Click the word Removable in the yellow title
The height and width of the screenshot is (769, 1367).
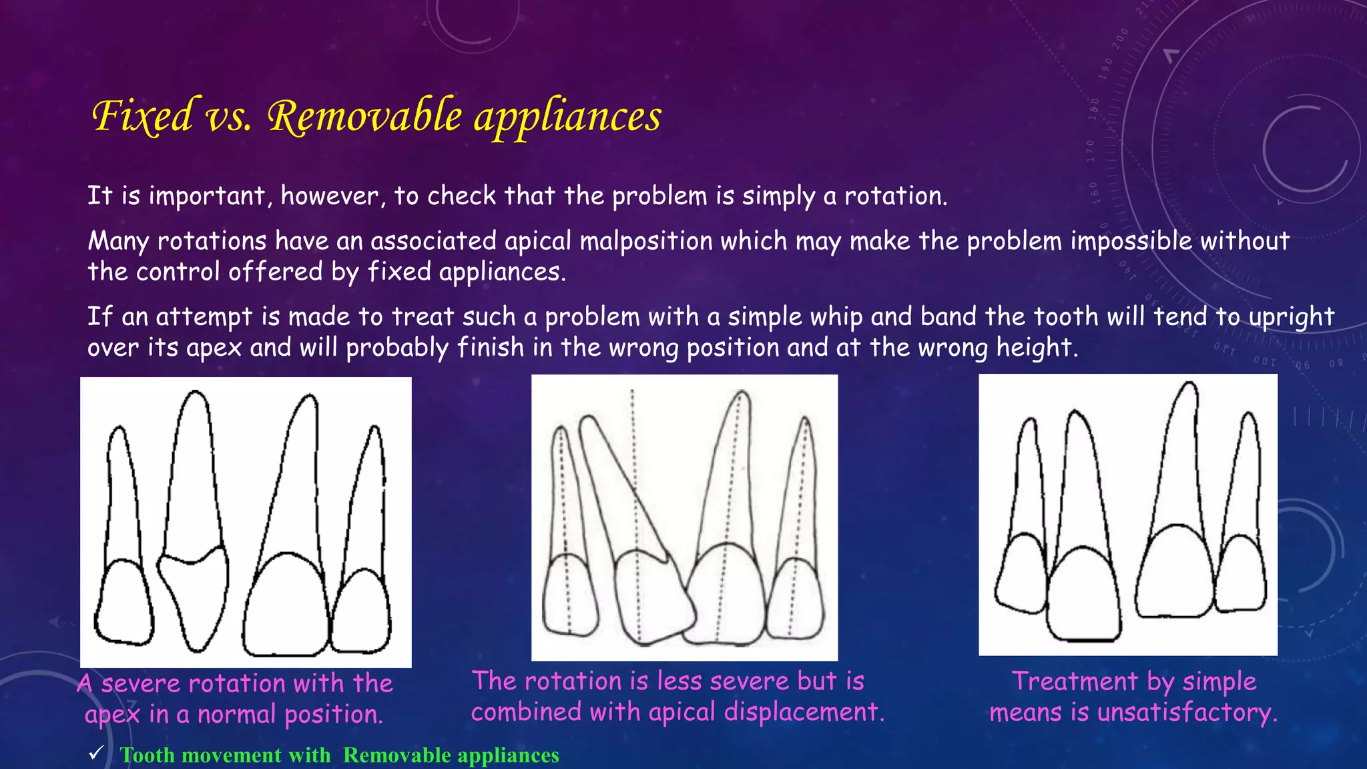[x=364, y=116]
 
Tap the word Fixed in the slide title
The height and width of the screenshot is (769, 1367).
[x=144, y=116]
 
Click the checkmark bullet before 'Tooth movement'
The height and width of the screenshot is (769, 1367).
[x=96, y=753]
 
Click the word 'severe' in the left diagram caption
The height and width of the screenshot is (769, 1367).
[x=141, y=684]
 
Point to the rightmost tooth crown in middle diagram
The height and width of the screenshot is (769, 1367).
[x=795, y=597]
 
